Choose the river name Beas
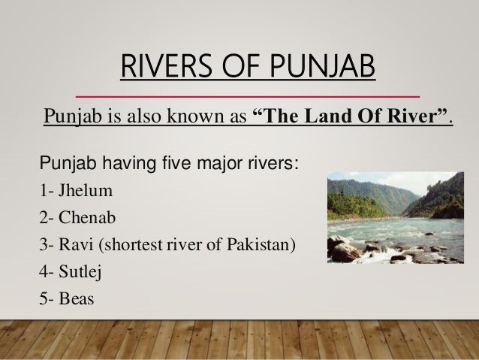click(76, 298)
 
